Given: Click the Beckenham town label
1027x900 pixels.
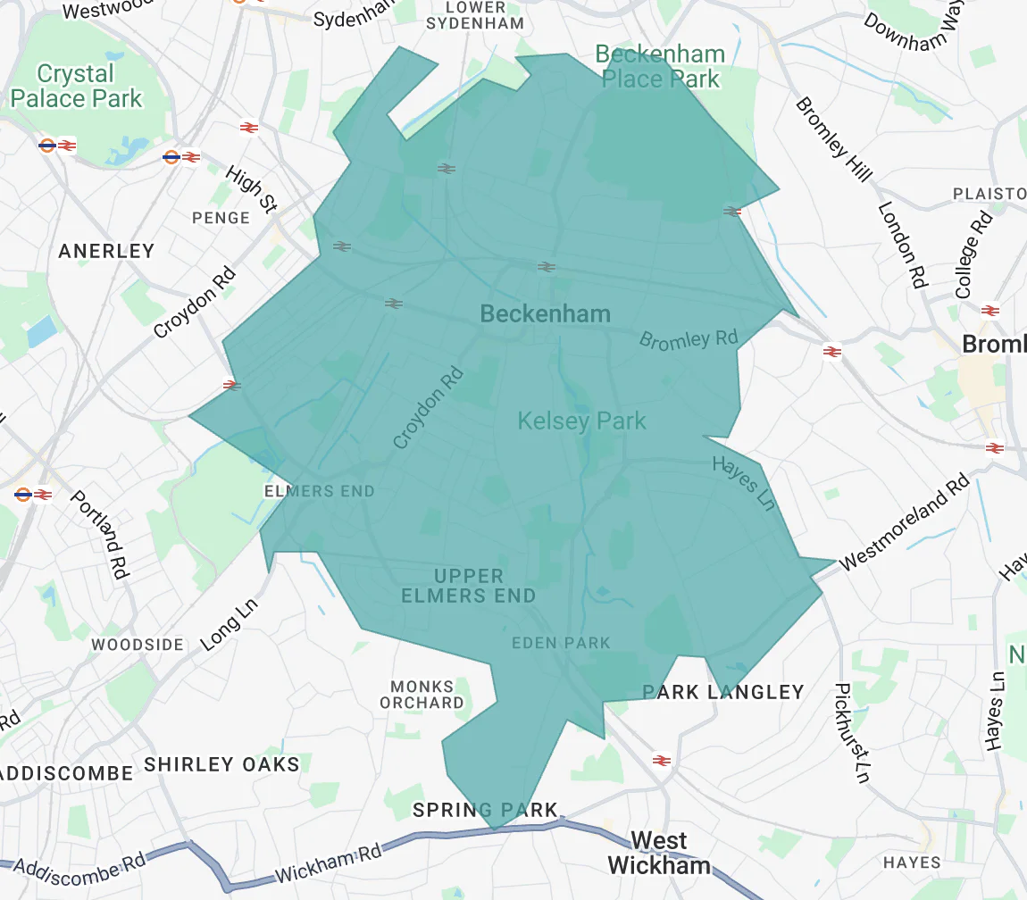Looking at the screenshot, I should (545, 314).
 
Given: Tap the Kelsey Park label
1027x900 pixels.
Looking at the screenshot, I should (581, 421).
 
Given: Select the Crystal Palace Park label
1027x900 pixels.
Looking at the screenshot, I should (76, 86).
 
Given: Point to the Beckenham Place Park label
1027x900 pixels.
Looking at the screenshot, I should (660, 67).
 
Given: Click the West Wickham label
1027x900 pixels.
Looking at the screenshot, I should (660, 853).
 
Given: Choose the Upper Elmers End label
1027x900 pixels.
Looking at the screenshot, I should (468, 586).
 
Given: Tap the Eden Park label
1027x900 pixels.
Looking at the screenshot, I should (561, 643).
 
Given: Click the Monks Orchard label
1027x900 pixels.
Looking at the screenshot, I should (422, 695).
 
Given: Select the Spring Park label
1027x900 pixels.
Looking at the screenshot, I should (485, 811).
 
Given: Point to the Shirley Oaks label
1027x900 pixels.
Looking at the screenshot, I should (221, 765).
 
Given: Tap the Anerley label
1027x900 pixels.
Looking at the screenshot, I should (106, 252).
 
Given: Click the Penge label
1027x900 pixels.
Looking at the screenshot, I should (221, 218).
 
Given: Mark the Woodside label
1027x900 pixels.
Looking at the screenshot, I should (138, 645).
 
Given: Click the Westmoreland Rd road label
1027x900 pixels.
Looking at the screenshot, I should (905, 522).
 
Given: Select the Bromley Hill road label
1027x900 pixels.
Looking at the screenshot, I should (833, 139).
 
